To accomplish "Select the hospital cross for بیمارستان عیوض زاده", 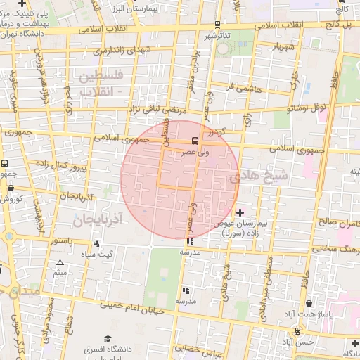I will point(240,212).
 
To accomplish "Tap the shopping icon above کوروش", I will point(11,188).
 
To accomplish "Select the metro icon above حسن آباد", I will point(298,330).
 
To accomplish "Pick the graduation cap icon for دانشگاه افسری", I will point(107,338).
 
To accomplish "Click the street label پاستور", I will point(65,240).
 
